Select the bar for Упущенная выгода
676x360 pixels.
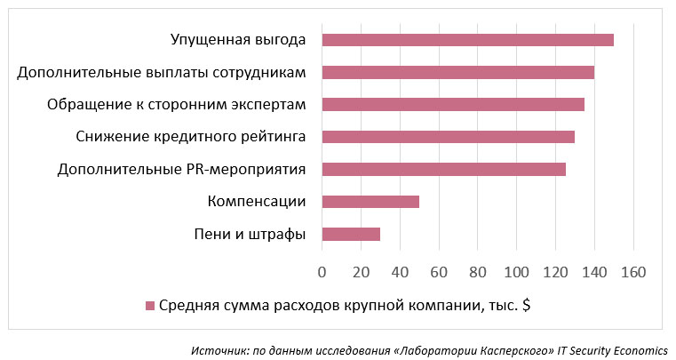467,40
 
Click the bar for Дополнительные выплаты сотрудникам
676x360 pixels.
457,72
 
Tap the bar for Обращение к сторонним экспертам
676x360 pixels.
452,105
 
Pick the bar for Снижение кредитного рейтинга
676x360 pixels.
448,137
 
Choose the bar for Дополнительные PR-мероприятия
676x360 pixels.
443,169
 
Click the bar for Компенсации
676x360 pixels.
370,202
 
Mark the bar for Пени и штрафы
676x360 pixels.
351,234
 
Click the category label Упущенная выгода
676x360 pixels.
237,40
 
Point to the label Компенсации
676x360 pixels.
257,202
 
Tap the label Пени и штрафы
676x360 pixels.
250,234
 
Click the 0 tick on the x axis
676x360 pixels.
322,270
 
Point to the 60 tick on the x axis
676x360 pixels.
439,270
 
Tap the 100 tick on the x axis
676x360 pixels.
516,270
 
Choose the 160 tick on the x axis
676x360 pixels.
633,270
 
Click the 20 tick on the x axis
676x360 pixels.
361,270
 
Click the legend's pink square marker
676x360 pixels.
150,306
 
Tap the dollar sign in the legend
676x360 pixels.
527,306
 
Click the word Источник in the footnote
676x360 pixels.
217,349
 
